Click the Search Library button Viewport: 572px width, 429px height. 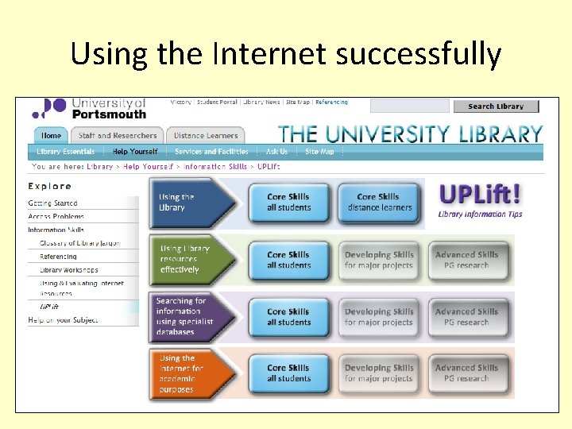[496, 106]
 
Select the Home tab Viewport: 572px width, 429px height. [51, 135]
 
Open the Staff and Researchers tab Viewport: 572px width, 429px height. [118, 135]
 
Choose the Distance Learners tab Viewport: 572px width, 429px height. [205, 135]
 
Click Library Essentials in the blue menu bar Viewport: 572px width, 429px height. [66, 152]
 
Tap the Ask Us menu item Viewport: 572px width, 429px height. [276, 152]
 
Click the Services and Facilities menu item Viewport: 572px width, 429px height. [211, 152]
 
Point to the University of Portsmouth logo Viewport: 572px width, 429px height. [89, 108]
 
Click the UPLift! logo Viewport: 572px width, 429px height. [481, 198]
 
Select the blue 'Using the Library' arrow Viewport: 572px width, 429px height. [191, 203]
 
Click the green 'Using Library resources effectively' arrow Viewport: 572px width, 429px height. [191, 259]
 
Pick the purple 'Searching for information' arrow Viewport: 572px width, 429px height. [191, 316]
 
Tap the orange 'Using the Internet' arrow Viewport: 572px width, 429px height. [191, 373]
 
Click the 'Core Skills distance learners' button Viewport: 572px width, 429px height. [379, 203]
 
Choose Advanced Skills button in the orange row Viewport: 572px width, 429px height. [466, 373]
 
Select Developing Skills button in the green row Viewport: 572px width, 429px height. [379, 260]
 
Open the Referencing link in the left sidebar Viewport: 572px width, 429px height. [59, 257]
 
